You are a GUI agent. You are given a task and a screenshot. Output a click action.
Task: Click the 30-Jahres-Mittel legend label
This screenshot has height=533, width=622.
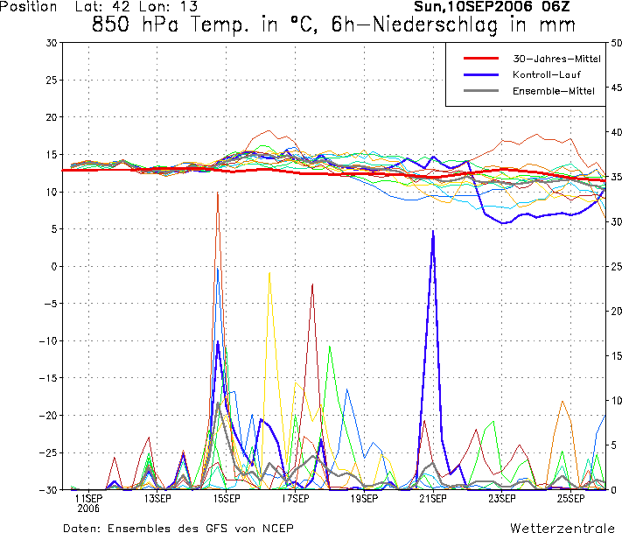(x=556, y=59)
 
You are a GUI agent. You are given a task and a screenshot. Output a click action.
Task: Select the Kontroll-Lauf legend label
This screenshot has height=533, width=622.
(x=547, y=74)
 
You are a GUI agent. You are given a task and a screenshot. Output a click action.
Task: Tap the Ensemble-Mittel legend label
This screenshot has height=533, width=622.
(x=554, y=91)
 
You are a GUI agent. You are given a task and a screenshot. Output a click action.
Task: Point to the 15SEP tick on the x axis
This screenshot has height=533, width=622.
(x=226, y=499)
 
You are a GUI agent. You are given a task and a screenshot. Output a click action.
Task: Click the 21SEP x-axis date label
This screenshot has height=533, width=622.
(x=433, y=499)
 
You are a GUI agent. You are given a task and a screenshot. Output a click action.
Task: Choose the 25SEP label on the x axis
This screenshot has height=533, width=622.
(x=570, y=499)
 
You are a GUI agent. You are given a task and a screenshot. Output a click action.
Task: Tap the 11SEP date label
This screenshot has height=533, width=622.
(x=88, y=499)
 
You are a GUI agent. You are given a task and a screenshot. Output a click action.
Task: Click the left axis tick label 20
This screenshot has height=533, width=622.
(x=52, y=117)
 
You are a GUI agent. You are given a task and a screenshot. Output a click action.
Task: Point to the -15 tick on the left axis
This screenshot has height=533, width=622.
(x=48, y=378)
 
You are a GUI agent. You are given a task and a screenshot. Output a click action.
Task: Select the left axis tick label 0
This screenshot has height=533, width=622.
(x=55, y=266)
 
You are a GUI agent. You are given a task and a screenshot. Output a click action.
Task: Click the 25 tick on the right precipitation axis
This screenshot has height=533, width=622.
(x=616, y=266)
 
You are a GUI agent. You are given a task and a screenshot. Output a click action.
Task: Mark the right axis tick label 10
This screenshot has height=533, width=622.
(x=616, y=401)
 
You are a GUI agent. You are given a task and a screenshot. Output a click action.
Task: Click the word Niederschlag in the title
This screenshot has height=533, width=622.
(x=436, y=25)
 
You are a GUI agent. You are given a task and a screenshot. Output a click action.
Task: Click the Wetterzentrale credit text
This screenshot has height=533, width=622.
(x=563, y=528)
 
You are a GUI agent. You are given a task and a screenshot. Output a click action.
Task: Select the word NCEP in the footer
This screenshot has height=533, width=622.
(x=277, y=529)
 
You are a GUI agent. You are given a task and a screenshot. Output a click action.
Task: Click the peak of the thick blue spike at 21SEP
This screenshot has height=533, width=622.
(x=433, y=230)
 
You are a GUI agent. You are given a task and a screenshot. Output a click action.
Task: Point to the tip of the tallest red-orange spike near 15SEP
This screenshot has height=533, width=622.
(x=218, y=193)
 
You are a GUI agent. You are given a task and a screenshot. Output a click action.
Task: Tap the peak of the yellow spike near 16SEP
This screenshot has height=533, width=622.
(x=269, y=273)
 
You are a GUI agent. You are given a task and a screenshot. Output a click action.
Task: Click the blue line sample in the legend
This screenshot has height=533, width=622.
(x=481, y=74)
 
